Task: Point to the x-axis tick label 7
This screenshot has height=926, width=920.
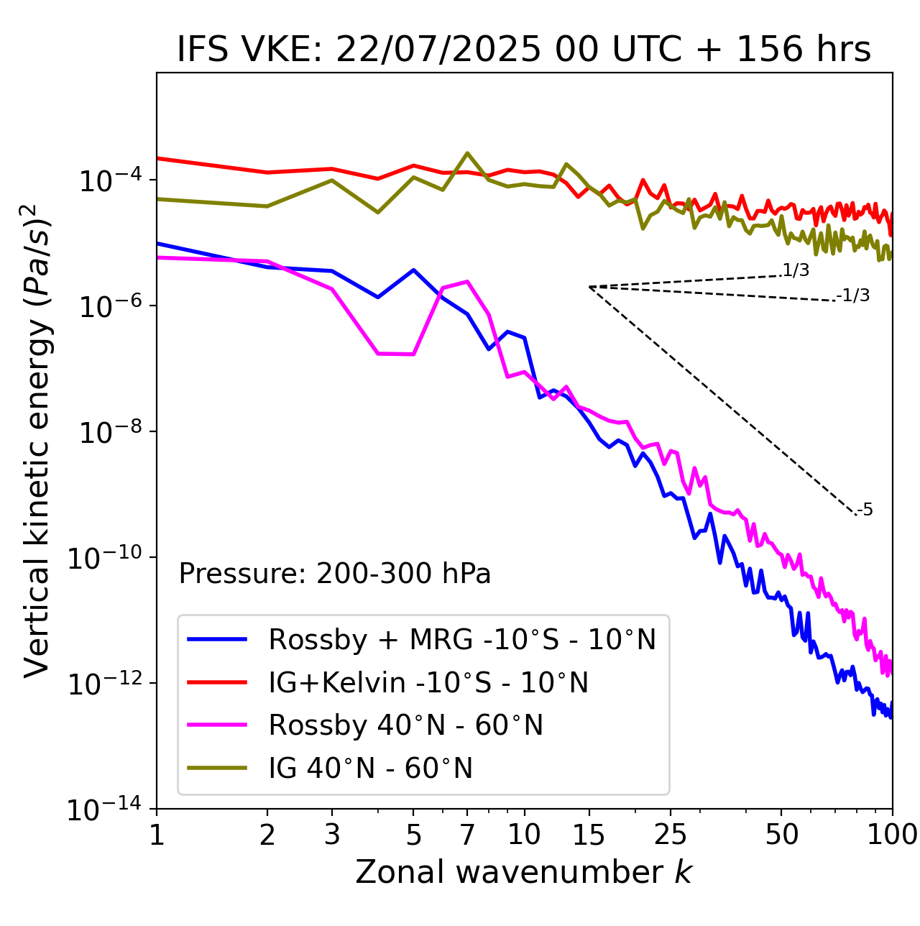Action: tap(467, 835)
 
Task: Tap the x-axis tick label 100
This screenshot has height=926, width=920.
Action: tap(892, 835)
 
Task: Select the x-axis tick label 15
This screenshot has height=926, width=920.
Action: tap(589, 835)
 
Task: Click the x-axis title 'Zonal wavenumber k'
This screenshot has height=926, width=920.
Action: tap(524, 872)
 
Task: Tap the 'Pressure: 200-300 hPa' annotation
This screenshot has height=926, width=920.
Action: tap(335, 574)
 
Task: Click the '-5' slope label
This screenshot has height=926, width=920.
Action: tap(865, 510)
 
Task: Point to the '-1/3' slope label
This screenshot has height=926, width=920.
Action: tap(853, 295)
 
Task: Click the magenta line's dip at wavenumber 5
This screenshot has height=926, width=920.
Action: tap(413, 354)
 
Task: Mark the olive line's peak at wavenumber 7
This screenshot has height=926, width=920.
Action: tap(467, 153)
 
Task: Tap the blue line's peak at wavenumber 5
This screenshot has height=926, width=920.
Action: tap(413, 270)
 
